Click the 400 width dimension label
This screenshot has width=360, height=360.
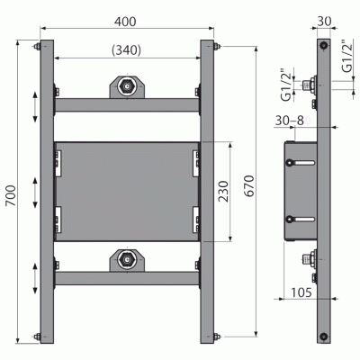click(x=125, y=22)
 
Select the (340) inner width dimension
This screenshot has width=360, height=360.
click(x=126, y=50)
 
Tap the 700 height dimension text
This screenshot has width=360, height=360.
click(x=12, y=195)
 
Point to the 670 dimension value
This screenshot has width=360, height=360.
click(x=249, y=186)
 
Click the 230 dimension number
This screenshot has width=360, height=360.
click(x=223, y=191)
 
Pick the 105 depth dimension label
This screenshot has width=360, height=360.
click(x=301, y=292)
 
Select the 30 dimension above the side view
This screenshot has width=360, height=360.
click(x=324, y=22)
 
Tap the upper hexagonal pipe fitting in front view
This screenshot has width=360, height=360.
click(x=127, y=87)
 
